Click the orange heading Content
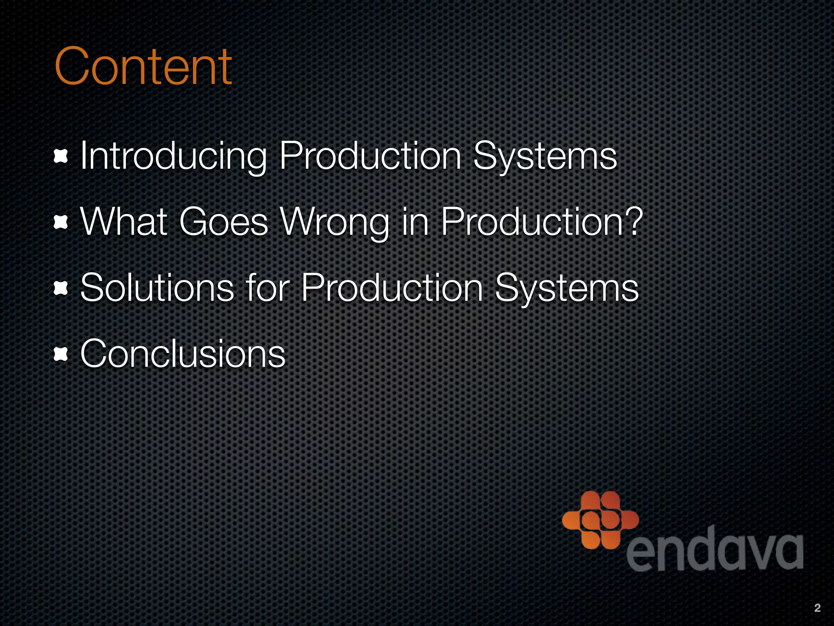(143, 66)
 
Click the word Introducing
(173, 156)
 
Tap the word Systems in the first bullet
(545, 156)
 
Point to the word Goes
(224, 222)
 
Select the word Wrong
(335, 223)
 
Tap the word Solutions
(157, 288)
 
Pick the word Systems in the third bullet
(566, 288)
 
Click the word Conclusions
(183, 354)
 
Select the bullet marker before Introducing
(61, 157)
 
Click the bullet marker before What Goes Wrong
(61, 223)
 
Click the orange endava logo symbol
(600, 520)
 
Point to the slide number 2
(817, 608)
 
